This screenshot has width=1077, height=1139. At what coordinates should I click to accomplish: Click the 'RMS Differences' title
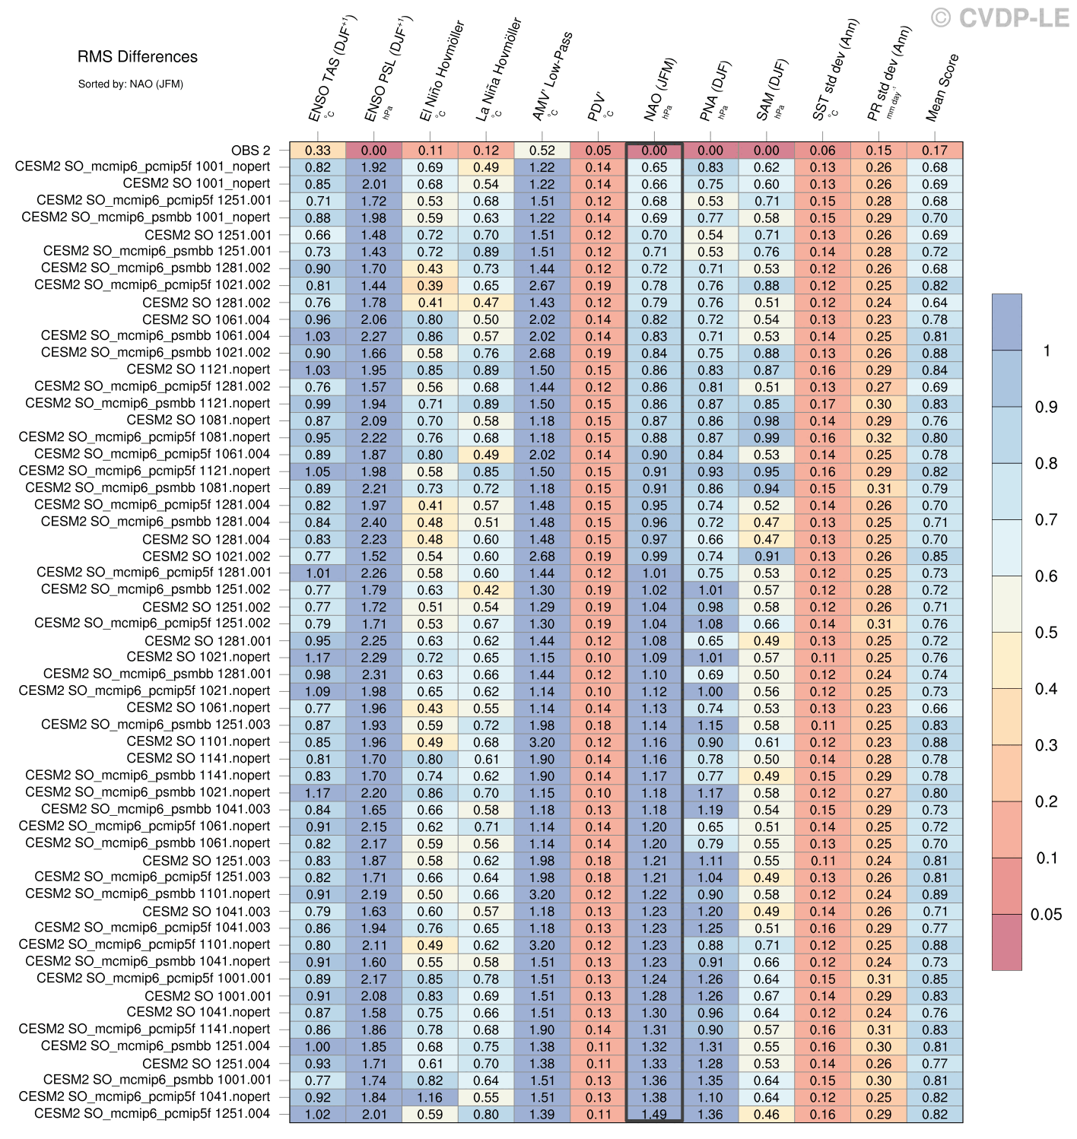[138, 57]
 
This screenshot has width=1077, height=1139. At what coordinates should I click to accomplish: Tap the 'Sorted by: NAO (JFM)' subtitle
[130, 84]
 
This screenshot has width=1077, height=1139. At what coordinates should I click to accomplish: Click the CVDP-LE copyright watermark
[1001, 18]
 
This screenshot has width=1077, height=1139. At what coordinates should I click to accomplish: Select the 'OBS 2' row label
[251, 151]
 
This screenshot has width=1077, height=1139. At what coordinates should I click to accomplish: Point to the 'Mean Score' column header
[942, 87]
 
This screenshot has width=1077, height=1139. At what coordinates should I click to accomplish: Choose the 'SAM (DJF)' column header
[770, 91]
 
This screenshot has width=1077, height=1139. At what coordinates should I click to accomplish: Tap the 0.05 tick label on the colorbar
[1046, 915]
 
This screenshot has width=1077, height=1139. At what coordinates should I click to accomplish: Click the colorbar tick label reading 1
[1047, 351]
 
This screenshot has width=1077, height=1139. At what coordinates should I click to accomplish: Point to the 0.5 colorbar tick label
[1046, 633]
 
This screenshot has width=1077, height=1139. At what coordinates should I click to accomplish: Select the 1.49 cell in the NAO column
[654, 1114]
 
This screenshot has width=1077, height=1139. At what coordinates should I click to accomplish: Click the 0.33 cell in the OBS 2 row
[318, 151]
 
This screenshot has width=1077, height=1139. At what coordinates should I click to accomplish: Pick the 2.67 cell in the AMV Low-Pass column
[542, 286]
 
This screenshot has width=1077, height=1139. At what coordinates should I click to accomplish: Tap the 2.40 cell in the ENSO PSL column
[374, 522]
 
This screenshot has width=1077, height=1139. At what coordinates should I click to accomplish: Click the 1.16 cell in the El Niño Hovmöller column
[430, 1097]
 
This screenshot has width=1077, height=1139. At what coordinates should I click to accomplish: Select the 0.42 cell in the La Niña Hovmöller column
[486, 590]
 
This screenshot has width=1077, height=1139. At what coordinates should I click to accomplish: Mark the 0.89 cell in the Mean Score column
[935, 894]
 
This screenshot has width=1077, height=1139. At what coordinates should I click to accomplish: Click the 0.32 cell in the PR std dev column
[879, 438]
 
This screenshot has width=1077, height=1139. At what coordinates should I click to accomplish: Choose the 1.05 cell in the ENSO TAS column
[318, 471]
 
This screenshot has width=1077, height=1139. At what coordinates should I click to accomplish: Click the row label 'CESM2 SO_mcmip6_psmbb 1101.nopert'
[148, 894]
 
